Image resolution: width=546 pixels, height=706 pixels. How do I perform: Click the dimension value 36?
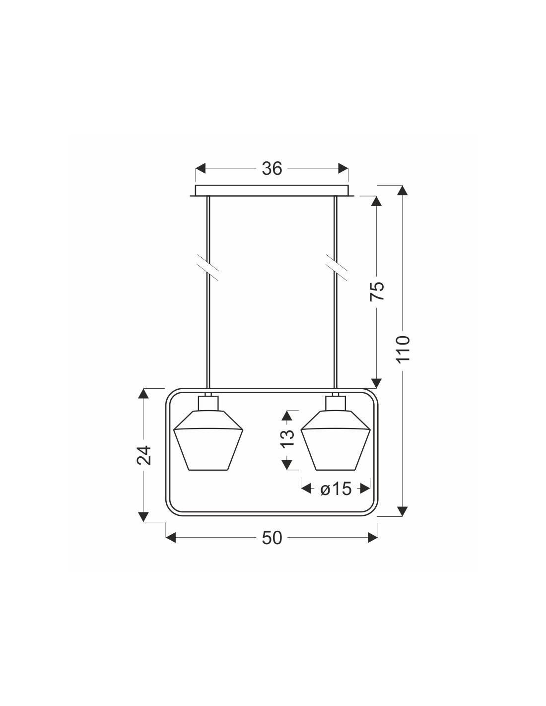pyautogui.click(x=272, y=169)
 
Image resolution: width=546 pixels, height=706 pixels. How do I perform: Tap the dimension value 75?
pyautogui.click(x=377, y=291)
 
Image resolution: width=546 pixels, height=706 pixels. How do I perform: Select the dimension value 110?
pyautogui.click(x=403, y=349)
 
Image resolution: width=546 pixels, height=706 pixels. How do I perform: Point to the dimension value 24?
pyautogui.click(x=143, y=455)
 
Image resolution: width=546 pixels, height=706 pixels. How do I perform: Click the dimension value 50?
pyautogui.click(x=272, y=538)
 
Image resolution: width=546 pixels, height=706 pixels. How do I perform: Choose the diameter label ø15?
pyautogui.click(x=336, y=497)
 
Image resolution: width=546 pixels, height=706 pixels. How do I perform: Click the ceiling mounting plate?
pyautogui.click(x=272, y=191)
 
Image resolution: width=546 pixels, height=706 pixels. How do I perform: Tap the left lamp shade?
pyautogui.click(x=208, y=440)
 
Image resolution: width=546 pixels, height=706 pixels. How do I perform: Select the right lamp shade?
pyautogui.click(x=336, y=440)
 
